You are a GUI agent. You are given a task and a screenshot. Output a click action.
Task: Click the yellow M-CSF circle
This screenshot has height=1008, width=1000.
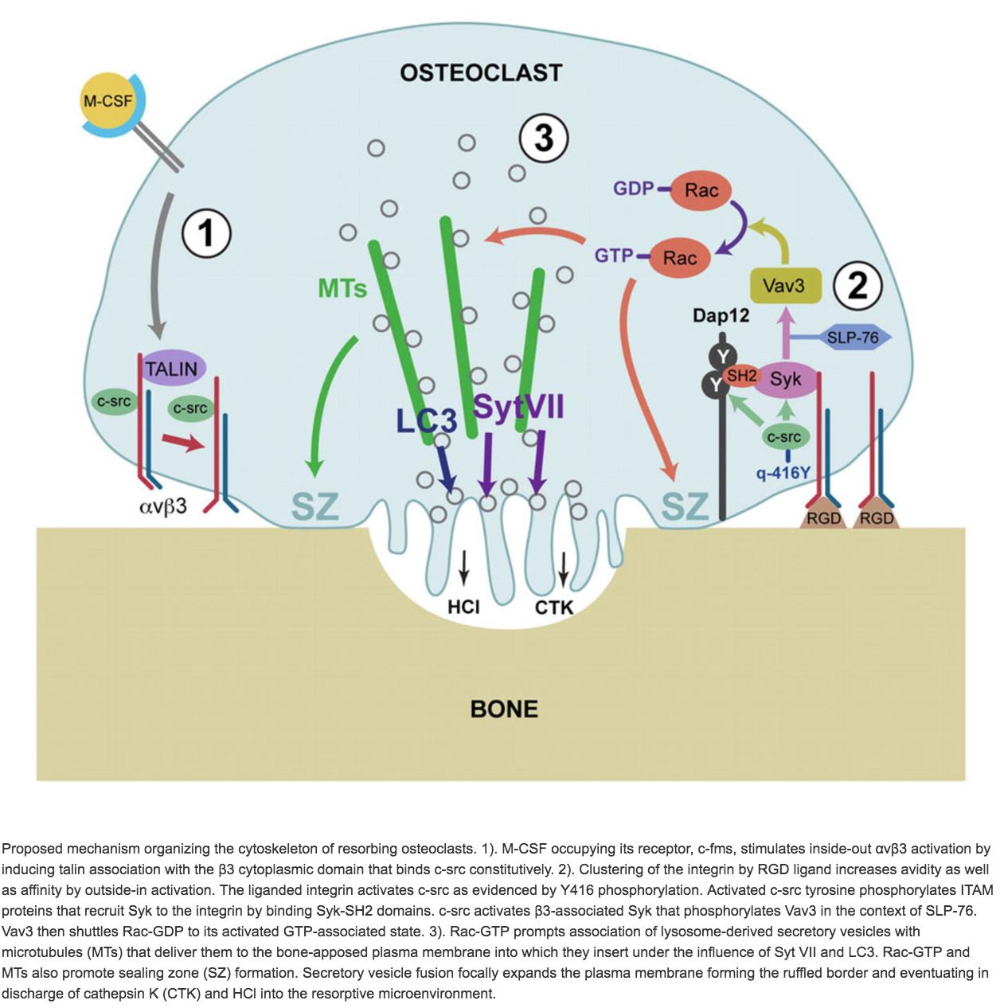[x=107, y=102]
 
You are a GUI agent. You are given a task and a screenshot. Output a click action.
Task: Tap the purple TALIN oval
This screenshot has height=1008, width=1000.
[x=171, y=369]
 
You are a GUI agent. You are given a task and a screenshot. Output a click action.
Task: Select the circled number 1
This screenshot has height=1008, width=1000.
[x=206, y=234]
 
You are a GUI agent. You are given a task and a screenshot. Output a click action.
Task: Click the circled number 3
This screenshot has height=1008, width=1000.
[x=543, y=138]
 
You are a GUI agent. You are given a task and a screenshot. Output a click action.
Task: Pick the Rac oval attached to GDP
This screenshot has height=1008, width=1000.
[x=701, y=190]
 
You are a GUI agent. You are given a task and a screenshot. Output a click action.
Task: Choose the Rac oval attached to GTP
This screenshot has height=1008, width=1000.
[x=679, y=257]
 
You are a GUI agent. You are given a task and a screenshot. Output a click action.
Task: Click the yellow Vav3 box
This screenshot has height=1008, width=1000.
[x=785, y=285]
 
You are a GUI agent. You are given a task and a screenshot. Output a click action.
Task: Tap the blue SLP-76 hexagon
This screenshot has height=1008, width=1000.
[x=853, y=338]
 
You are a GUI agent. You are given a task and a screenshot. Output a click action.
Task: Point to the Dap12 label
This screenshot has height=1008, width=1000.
[x=721, y=316]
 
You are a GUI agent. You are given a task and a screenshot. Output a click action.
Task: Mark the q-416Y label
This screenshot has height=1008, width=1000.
[x=783, y=473]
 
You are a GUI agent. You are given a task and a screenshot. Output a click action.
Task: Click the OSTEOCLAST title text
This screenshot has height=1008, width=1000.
[x=481, y=73]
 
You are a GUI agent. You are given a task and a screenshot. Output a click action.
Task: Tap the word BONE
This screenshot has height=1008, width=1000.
[x=504, y=709]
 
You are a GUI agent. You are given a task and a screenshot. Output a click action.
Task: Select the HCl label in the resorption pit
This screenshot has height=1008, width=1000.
[x=463, y=608]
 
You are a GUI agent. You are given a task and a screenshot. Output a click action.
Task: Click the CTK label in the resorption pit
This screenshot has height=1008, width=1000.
[x=553, y=608]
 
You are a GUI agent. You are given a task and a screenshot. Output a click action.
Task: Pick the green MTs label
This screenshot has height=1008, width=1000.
[x=342, y=287]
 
